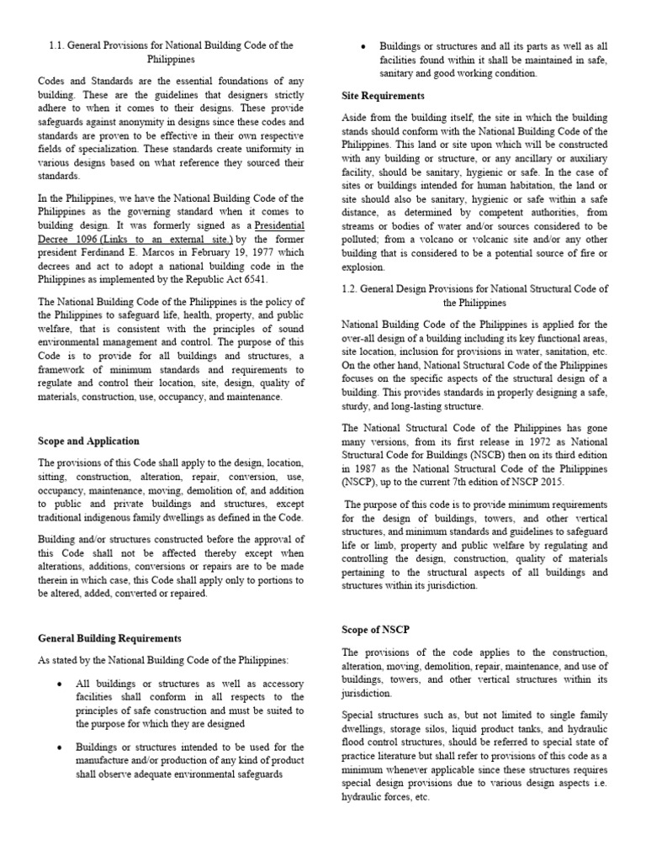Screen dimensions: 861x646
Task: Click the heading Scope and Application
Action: click(89, 441)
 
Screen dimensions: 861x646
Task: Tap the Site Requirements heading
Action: click(383, 96)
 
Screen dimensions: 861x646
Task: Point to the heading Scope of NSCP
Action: click(375, 630)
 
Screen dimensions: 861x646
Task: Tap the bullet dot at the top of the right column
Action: click(361, 46)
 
